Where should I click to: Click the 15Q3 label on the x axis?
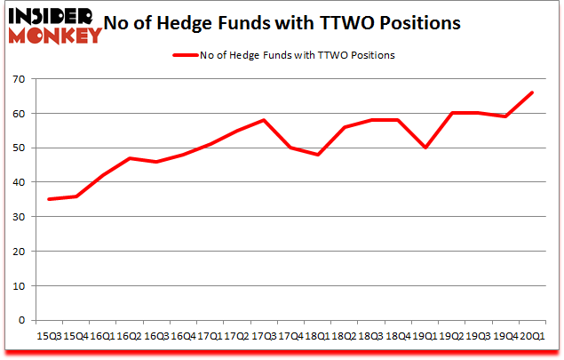50,337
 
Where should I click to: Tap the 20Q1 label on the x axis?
531,337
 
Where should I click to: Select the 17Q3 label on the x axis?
264,337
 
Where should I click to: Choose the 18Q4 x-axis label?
398,337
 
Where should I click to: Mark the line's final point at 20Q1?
531,92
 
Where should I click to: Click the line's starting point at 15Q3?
50,199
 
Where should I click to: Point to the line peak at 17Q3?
264,120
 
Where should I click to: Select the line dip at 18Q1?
317,155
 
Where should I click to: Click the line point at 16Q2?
130,158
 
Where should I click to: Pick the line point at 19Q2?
451,113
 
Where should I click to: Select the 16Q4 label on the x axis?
183,337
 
